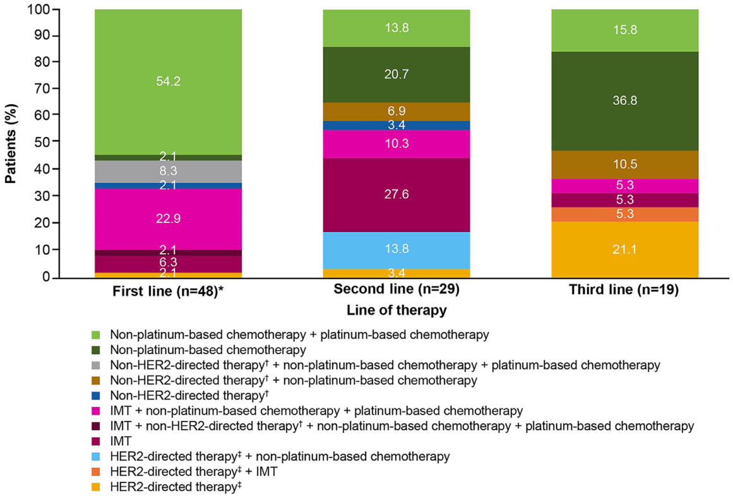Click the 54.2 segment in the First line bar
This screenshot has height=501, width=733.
point(168,81)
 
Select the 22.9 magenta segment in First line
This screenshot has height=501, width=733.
point(168,219)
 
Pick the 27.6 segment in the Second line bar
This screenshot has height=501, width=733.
point(396,194)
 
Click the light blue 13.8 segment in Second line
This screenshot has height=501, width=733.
point(396,250)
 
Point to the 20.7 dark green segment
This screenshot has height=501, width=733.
point(396,74)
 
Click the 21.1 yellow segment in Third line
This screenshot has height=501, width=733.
point(624,249)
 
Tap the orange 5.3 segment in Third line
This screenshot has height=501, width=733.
point(624,214)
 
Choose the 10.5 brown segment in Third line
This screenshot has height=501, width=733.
point(624,164)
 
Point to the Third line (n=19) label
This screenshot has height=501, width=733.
point(624,292)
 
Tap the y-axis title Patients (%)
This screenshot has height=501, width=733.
point(11,144)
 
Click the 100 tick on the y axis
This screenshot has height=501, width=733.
point(40,9)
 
